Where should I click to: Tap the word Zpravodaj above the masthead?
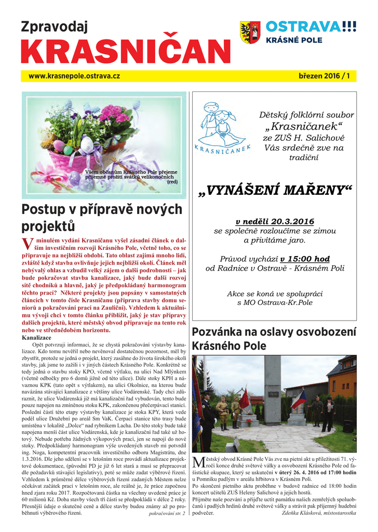coord(54,26)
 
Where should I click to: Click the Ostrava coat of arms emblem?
coord(250,32)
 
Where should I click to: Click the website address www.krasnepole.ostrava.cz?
coord(74,76)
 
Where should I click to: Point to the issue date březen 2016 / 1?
coord(324,76)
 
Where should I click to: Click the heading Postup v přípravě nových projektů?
coord(102,218)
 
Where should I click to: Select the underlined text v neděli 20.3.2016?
coord(275,222)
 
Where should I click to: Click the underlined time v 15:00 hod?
coord(305,259)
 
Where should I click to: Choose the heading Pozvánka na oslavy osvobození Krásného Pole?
coord(274,339)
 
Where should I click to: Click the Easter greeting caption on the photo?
coord(132,177)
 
